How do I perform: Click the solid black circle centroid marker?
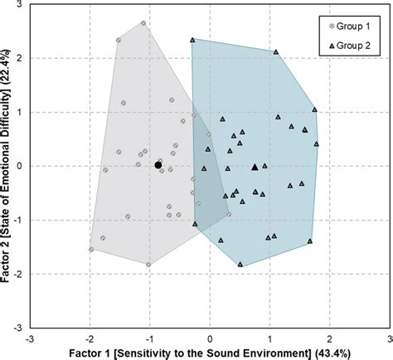click(158, 165)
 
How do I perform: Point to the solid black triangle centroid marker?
click(255, 167)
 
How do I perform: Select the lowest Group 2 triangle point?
click(240, 265)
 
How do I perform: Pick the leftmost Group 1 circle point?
click(91, 249)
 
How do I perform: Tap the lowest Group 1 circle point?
click(148, 265)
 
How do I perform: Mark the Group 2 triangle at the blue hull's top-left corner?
click(192, 40)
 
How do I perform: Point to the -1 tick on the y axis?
click(20, 220)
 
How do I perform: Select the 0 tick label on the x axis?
click(210, 339)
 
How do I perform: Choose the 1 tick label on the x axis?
click(270, 339)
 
